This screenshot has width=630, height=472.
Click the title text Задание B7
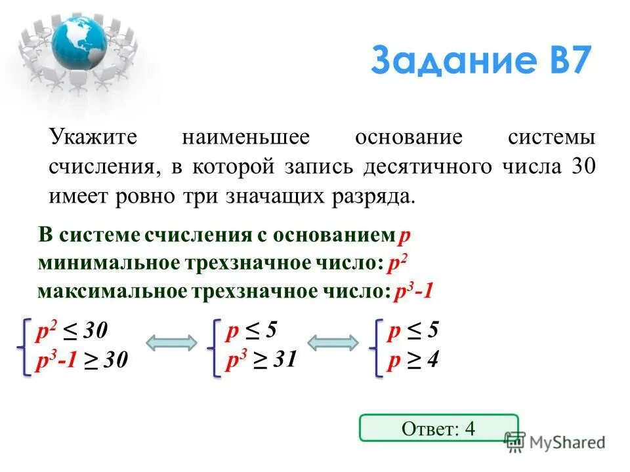(480, 62)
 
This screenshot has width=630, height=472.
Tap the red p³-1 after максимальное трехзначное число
(413, 291)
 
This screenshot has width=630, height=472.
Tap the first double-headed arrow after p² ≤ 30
(171, 344)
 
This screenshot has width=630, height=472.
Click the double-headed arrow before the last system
(333, 344)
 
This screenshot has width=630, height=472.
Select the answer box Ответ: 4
(438, 428)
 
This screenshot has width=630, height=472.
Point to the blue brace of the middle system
(215, 345)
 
